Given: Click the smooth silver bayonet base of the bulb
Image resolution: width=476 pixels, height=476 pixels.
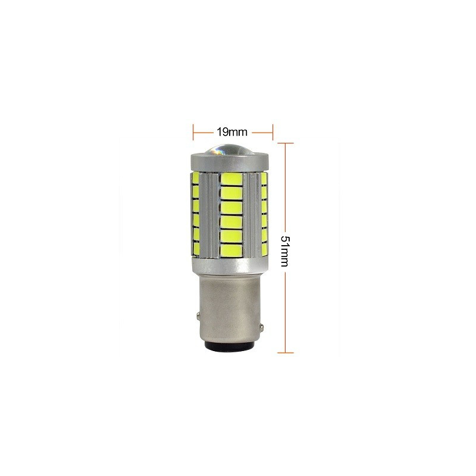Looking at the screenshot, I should point(231,303).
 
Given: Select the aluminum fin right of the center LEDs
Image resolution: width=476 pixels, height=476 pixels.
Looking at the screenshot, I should point(250,214).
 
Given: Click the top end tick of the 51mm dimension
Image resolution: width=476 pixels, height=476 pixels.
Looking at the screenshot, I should point(286,143).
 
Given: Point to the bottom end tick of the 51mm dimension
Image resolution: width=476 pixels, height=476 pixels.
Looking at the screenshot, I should point(286,353).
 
